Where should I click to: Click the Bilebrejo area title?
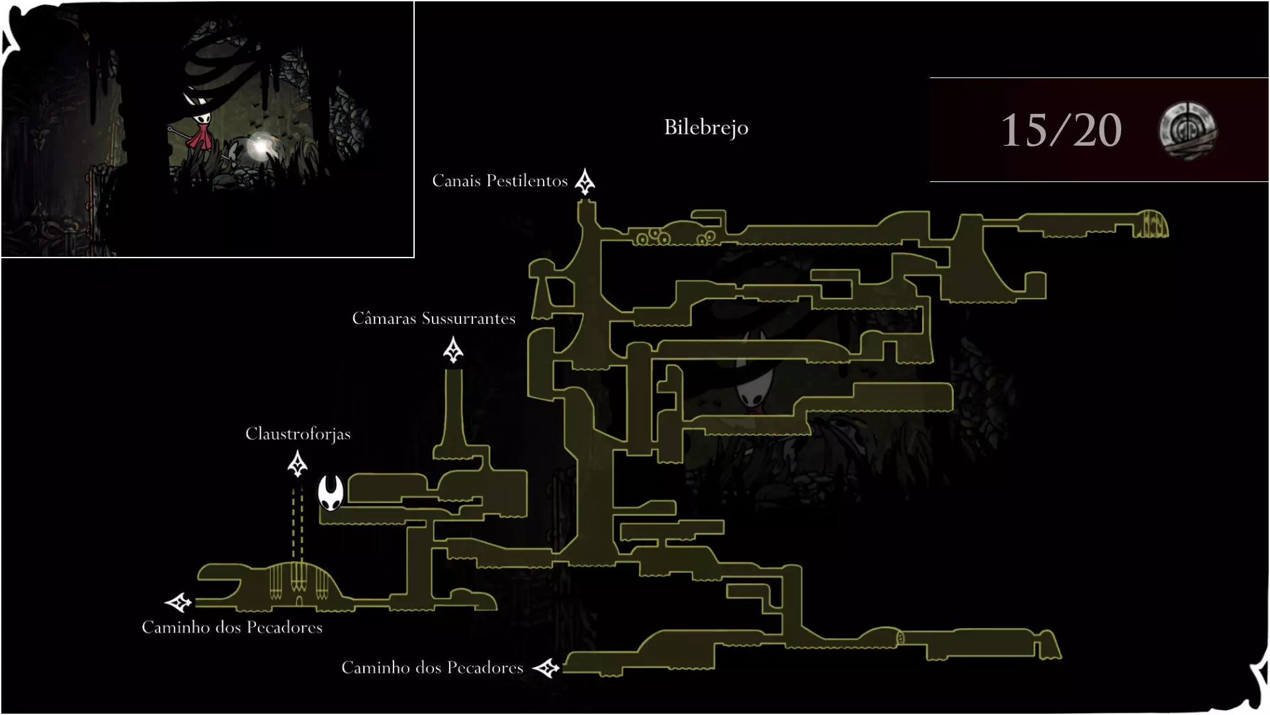click(706, 127)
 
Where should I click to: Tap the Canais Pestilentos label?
click(500, 181)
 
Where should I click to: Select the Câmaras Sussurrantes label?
click(433, 318)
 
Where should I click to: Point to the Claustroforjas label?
click(298, 434)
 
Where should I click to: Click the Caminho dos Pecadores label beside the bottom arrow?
click(432, 667)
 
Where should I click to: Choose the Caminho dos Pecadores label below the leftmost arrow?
click(232, 627)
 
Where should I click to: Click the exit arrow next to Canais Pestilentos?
click(585, 182)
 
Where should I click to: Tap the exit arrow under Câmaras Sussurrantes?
click(453, 350)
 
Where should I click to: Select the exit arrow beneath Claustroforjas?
click(298, 464)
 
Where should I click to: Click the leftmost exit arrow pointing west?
click(178, 602)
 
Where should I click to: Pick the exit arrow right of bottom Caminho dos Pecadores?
click(546, 668)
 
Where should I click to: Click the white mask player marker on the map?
click(330, 493)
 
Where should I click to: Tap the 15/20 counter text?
click(1061, 130)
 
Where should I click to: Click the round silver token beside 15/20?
click(1187, 130)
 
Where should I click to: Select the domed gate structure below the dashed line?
click(299, 583)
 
